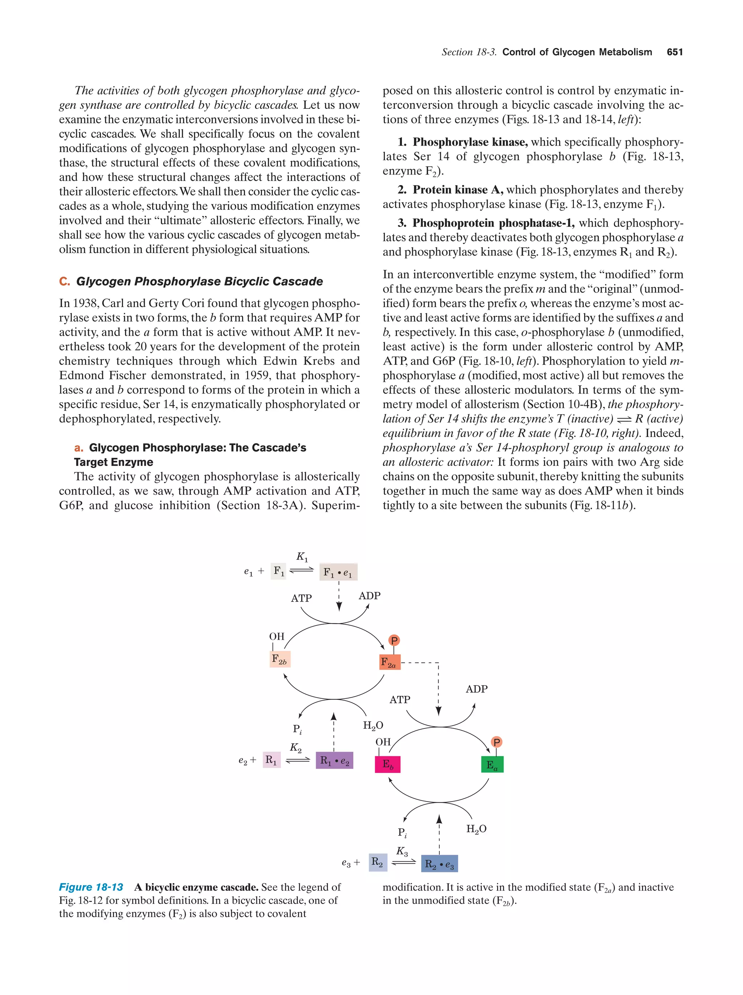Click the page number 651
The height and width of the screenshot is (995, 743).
[x=674, y=52]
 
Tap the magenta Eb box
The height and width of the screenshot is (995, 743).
[x=387, y=764]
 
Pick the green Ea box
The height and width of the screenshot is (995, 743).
[x=492, y=764]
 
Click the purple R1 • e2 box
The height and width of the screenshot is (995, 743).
[x=334, y=760]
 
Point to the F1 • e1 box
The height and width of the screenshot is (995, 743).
[x=338, y=572]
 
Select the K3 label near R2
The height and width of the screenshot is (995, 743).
[x=402, y=851]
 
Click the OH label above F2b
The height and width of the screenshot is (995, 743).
[x=277, y=636]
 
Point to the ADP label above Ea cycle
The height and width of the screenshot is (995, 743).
[x=476, y=689]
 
